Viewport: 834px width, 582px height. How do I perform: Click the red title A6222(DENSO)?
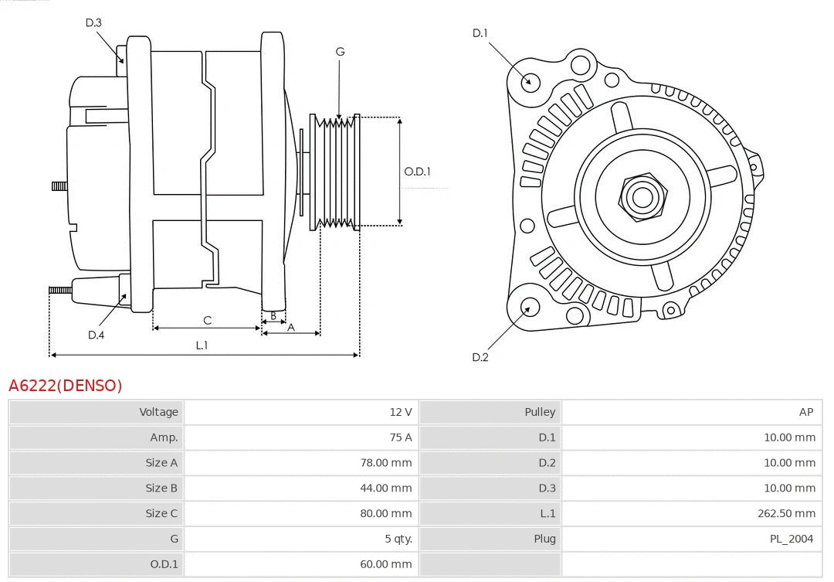pos(66,386)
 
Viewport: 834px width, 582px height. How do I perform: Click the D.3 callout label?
pos(93,22)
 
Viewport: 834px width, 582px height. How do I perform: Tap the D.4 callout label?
pos(96,335)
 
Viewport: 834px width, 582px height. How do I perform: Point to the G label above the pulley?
pos(340,52)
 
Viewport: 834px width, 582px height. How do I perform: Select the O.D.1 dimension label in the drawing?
pos(417,172)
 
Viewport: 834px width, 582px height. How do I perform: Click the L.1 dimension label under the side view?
pos(202,345)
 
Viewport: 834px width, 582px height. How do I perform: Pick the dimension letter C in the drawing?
pos(207,320)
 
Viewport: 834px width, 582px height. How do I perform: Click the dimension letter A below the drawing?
pos(291,327)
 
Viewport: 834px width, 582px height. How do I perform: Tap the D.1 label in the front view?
pos(480,32)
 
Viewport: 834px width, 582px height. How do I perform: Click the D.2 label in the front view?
pos(480,357)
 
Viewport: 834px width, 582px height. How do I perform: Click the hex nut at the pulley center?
pos(642,196)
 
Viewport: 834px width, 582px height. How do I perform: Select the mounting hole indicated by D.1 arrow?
pos(530,80)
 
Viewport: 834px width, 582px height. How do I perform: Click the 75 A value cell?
pos(400,437)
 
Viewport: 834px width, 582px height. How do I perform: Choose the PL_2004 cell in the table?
pos(791,539)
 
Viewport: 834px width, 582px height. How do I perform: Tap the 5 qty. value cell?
pos(398,539)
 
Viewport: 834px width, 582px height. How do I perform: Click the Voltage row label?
pos(158,412)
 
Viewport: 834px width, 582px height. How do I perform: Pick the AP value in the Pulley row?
pos(805,412)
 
